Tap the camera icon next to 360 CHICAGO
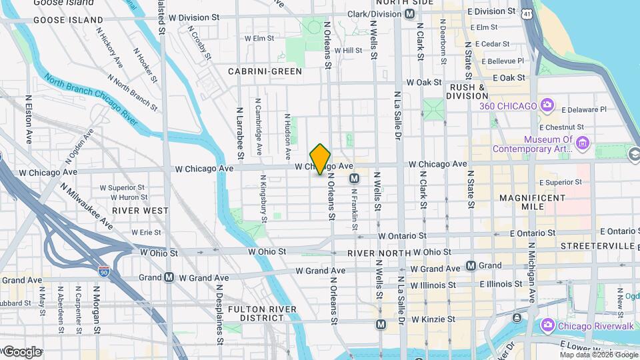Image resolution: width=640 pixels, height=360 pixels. coord(547,105)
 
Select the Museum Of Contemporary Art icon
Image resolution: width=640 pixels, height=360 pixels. coord(583,143)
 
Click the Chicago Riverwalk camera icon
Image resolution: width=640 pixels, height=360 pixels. coord(547,325)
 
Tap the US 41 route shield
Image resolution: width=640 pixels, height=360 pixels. coord(527,13)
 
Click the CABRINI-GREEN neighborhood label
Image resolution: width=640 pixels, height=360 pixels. coord(265,71)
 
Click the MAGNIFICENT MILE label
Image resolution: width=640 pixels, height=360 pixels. coord(532,202)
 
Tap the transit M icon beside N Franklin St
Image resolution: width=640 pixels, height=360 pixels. coord(355,178)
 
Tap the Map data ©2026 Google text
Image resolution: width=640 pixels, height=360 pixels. coord(598,355)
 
